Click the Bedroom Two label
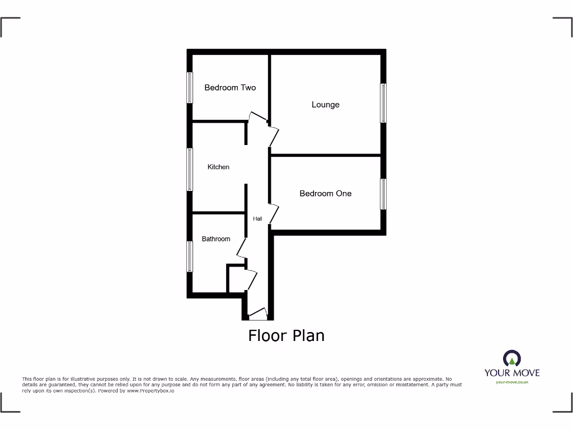pyautogui.click(x=230, y=87)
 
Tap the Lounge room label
pyautogui.click(x=325, y=105)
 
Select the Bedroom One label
pyautogui.click(x=325, y=193)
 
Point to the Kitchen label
pyautogui.click(x=218, y=167)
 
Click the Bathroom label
pyautogui.click(x=216, y=239)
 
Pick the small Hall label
pyautogui.click(x=257, y=218)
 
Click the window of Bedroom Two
pyautogui.click(x=190, y=88)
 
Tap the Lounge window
pyautogui.click(x=383, y=102)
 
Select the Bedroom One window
pyautogui.click(x=383, y=194)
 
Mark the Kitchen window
pyautogui.click(x=190, y=169)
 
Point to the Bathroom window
pyautogui.click(x=190, y=256)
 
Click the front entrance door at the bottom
pyautogui.click(x=258, y=314)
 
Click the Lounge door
pyautogui.click(x=274, y=136)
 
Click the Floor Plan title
pyautogui.click(x=286, y=335)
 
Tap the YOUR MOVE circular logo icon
pyautogui.click(x=511, y=358)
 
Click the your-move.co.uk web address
pyautogui.click(x=511, y=382)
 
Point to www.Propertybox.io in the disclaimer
pyautogui.click(x=151, y=391)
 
